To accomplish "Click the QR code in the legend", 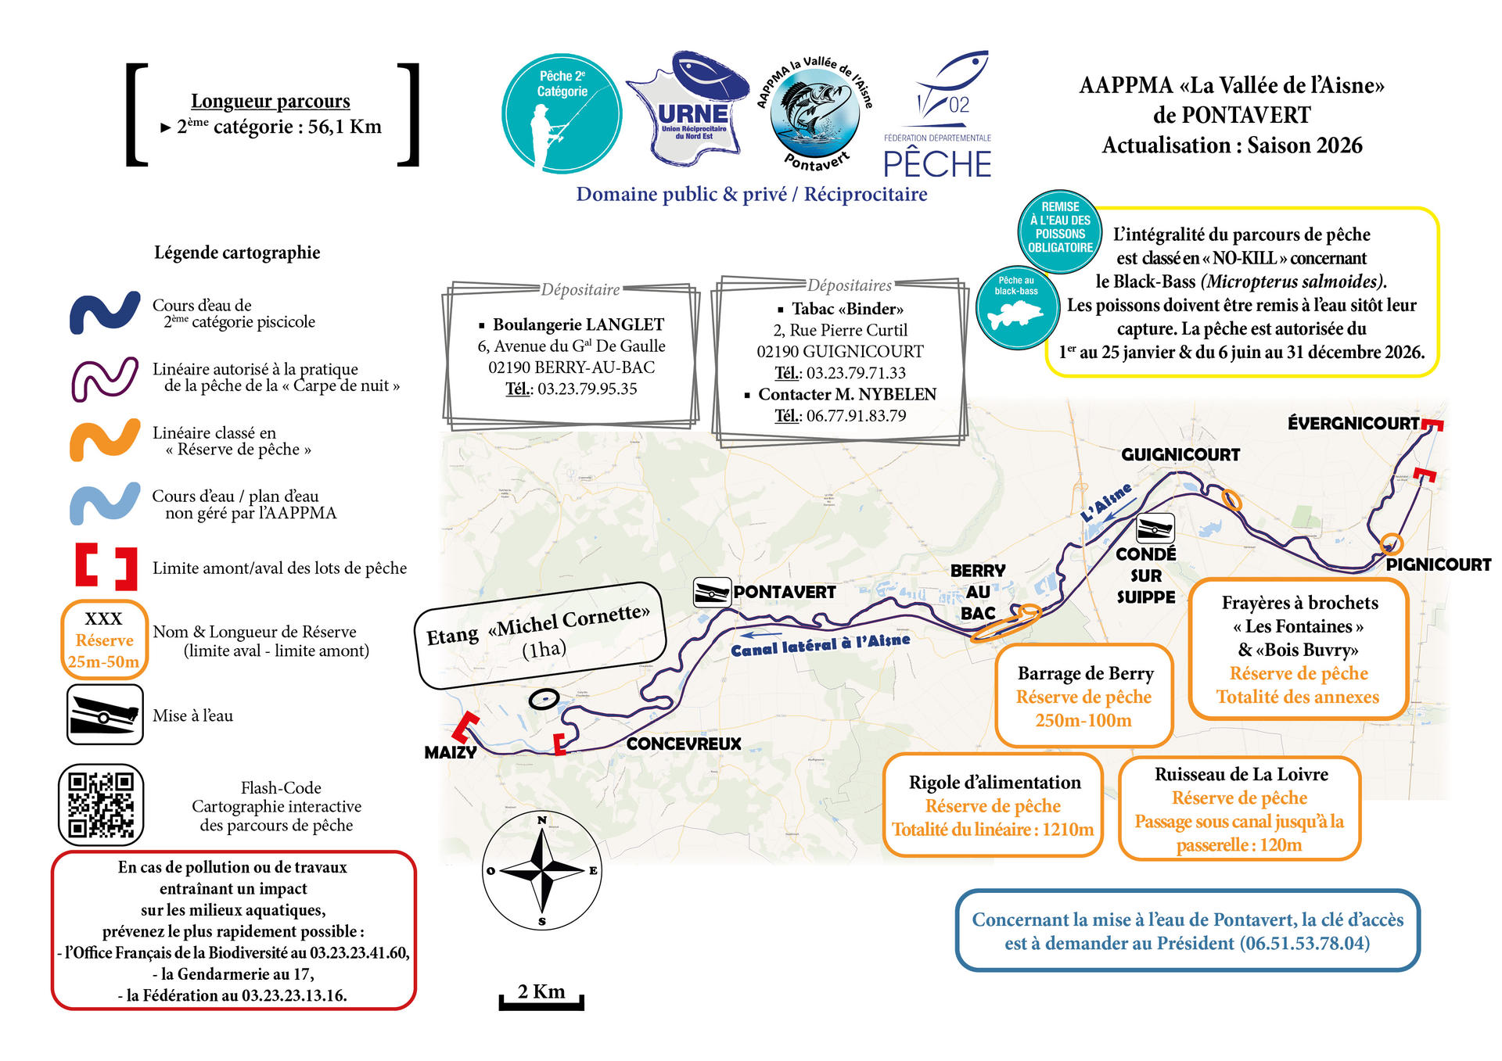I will point(101,805).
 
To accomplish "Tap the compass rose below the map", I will point(542,869).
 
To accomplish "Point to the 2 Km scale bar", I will point(541,998).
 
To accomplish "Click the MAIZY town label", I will point(450,752).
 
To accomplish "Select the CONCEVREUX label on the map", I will point(684,744).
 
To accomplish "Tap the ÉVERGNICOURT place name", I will point(1353,424).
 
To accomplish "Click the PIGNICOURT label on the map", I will point(1438,565).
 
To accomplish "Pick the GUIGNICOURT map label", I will point(1180,454).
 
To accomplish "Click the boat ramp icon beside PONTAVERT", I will point(712,592).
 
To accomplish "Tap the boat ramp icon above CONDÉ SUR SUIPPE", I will point(1155,529).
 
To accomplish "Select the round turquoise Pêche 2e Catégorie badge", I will point(562,113).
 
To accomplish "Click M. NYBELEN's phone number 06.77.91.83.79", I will point(856,416).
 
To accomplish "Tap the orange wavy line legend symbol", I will point(105,440).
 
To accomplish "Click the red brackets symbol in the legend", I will point(106,567).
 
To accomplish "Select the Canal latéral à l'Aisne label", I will point(821,644).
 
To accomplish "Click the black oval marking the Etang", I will point(543,699).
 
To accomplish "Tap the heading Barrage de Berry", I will point(1085,673).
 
